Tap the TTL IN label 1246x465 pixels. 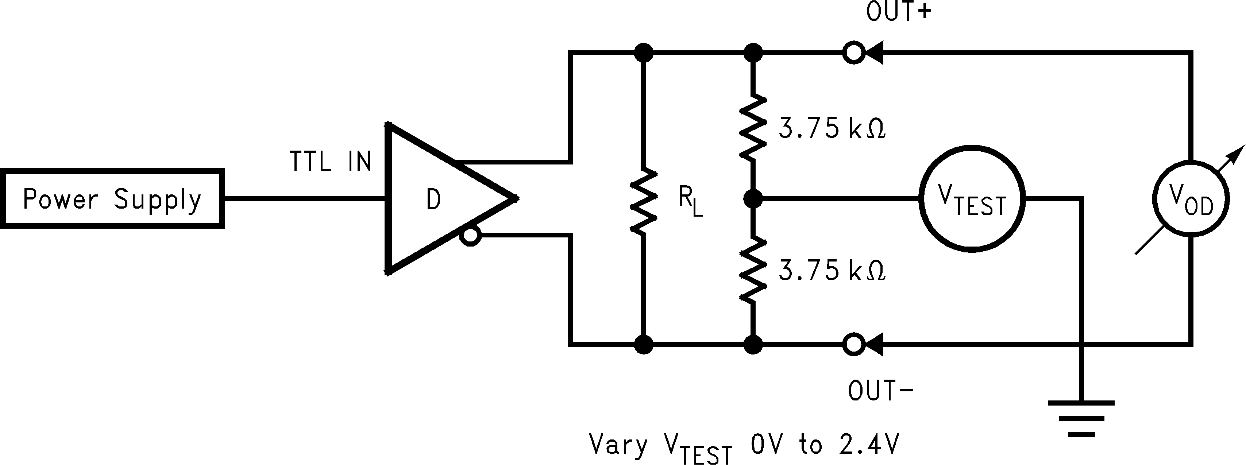tap(330, 162)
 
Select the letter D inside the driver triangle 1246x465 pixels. tap(433, 199)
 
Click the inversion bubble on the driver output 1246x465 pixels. tap(470, 237)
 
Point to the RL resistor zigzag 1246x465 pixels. tap(643, 200)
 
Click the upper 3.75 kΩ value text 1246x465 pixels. tap(832, 129)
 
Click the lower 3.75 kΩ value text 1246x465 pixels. tap(832, 271)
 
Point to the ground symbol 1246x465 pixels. tap(1081, 418)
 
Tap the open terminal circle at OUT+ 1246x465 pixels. tap(854, 53)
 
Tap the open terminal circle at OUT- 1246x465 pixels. tap(854, 345)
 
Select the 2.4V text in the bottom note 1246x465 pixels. tap(869, 445)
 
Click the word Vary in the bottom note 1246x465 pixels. tap(618, 445)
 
